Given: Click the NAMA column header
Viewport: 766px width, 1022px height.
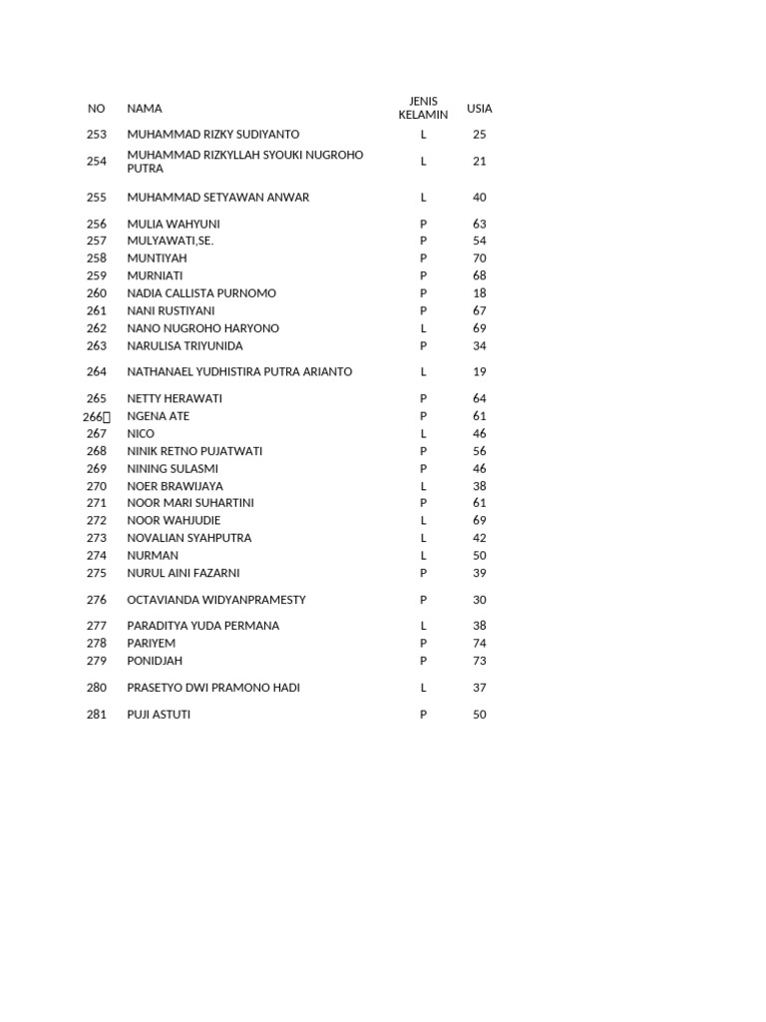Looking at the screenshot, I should coord(144,109).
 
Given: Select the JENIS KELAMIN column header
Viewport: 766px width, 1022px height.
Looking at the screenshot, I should coord(423,108).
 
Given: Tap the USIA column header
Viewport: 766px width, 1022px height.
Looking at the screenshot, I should coord(480,109).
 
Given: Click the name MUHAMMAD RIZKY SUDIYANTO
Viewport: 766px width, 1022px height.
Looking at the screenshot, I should coord(212,134).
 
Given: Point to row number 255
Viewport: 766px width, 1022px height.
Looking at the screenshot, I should coord(96,198).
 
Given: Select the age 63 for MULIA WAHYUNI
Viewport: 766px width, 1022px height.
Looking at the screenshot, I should coord(480,224).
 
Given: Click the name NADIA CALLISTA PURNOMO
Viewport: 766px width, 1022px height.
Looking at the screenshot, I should coord(201,293).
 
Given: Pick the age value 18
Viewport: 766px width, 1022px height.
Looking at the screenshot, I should coord(480,293).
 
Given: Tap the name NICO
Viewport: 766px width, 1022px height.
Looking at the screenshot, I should coord(140,433).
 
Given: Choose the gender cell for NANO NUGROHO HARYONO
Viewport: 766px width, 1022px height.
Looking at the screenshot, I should coord(423,328).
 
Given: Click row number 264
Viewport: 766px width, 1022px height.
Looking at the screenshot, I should coord(96,372).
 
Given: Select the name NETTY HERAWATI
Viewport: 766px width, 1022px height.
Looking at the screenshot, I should coord(175,398).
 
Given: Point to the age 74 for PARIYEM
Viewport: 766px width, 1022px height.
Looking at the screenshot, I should coord(480,643).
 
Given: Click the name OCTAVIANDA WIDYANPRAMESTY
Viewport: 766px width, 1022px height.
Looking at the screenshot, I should coord(216,600).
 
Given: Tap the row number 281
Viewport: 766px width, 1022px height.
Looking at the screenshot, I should coord(96,715).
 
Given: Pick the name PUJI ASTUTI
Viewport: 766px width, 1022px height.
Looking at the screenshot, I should coord(159,715).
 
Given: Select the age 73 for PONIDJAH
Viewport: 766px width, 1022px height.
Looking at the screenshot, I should coord(480,661).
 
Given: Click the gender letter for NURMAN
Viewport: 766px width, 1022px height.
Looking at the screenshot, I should coord(423,555).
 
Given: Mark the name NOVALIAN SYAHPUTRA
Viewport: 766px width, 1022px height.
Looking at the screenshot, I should coord(190,538).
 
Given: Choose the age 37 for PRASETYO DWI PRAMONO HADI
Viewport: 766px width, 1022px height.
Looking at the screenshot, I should coord(480,688).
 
